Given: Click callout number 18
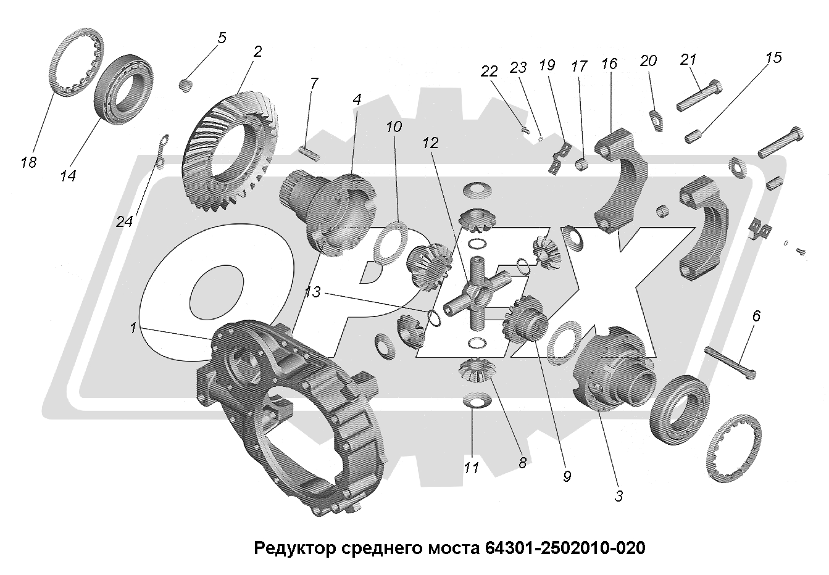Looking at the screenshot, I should [x=28, y=162].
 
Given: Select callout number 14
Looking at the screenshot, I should [x=68, y=176].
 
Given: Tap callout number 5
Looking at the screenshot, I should [x=221, y=38].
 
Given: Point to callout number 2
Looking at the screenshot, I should [x=257, y=51].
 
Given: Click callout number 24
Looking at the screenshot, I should [x=124, y=221].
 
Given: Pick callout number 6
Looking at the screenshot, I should [x=756, y=316].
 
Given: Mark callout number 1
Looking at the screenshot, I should [x=132, y=329].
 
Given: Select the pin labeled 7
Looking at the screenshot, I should [x=307, y=149].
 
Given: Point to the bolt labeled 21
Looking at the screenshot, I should [x=699, y=96].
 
